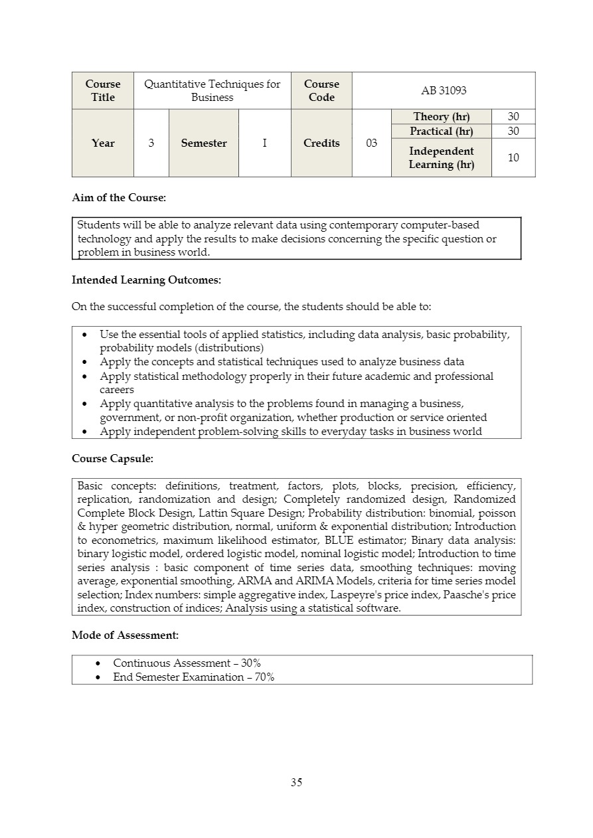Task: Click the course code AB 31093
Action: (444, 90)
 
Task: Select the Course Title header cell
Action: (103, 90)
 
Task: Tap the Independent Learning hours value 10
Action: (513, 157)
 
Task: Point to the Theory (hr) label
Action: (441, 117)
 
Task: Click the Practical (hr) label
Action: (441, 131)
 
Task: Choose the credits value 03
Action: (371, 143)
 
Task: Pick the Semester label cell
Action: (204, 143)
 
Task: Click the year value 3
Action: (151, 143)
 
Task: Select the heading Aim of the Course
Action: (119, 198)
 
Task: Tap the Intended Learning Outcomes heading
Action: (146, 280)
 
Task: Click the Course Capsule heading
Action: (113, 459)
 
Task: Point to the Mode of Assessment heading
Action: (125, 635)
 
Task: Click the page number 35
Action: (296, 782)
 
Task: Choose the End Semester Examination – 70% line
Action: (193, 677)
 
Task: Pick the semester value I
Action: (264, 143)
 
